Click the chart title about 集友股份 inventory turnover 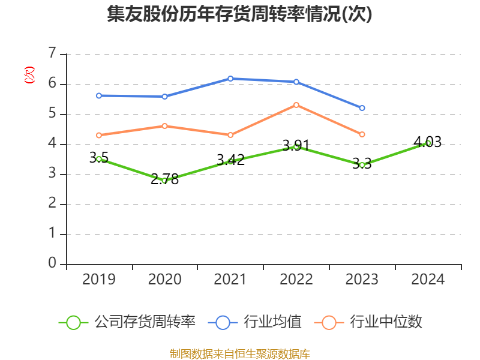(239, 14)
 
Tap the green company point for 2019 (99, 159)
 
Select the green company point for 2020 (164, 180)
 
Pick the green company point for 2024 (428, 143)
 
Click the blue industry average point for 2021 (230, 79)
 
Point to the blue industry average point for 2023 (362, 108)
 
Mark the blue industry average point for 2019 (99, 95)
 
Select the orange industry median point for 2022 (296, 105)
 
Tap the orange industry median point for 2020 (164, 126)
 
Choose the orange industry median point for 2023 (362, 134)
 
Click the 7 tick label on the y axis (52, 53)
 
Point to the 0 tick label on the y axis (52, 263)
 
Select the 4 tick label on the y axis (52, 143)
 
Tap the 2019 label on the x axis (99, 280)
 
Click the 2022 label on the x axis (296, 280)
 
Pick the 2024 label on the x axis (428, 280)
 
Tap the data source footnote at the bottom (239, 353)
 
